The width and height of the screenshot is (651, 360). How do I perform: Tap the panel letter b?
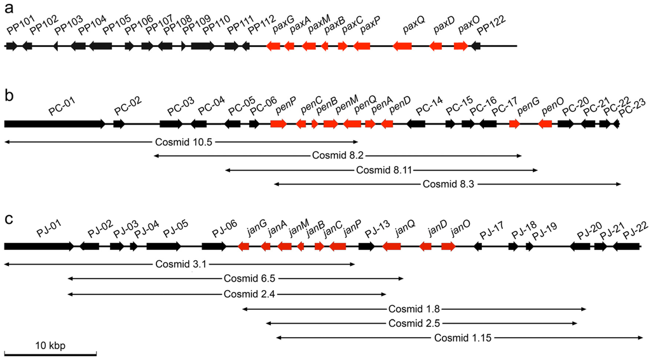[9, 97]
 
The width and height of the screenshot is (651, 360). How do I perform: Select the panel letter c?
[8, 218]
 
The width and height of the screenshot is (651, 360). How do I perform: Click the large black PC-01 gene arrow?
[55, 124]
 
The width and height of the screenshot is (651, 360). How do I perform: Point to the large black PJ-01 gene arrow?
[39, 246]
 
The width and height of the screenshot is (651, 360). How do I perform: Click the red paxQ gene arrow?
[402, 46]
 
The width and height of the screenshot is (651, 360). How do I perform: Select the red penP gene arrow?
[278, 124]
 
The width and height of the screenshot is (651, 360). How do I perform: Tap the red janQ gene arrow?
[392, 246]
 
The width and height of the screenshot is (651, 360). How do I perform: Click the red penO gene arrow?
[545, 124]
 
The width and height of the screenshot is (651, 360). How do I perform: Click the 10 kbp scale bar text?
[50, 345]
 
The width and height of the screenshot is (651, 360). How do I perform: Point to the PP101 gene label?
[18, 31]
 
